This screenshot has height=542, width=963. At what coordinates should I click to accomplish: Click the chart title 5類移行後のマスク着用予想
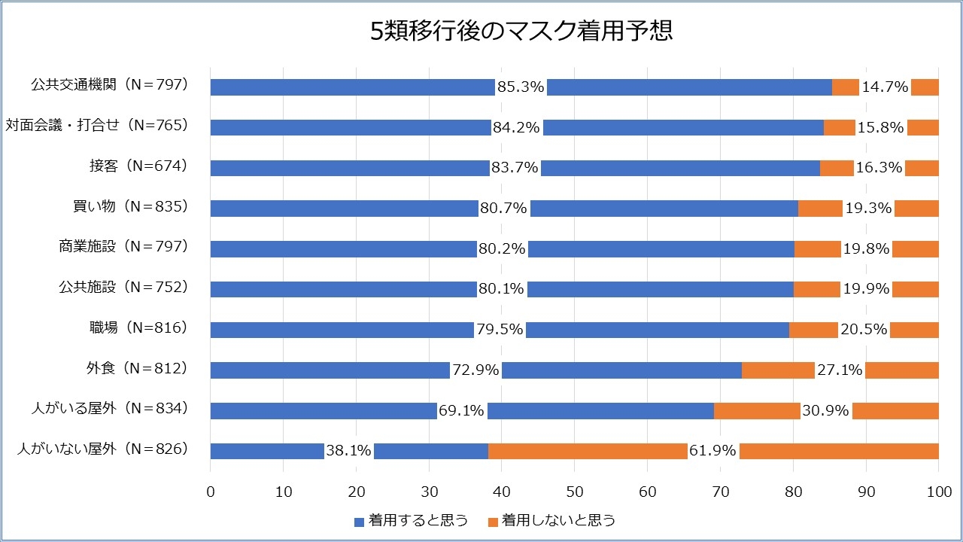pos(521,32)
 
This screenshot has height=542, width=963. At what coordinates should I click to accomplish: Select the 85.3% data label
pos(521,87)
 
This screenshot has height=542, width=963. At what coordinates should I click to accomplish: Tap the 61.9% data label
pos(713,451)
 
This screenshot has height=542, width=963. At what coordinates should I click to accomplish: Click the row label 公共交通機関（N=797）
pos(109,84)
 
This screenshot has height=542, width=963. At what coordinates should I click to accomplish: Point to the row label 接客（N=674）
pos(138,165)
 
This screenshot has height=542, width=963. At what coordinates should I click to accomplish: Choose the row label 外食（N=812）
pos(136,368)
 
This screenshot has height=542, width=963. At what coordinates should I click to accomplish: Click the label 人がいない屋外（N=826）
pos(102,449)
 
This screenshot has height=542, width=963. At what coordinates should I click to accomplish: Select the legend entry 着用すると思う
pos(411,520)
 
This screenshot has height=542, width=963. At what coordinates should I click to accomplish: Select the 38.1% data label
pos(348,451)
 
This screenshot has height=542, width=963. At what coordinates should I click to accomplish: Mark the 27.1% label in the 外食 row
pos(840,370)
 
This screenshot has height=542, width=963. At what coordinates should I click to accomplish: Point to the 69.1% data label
pos(462,410)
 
